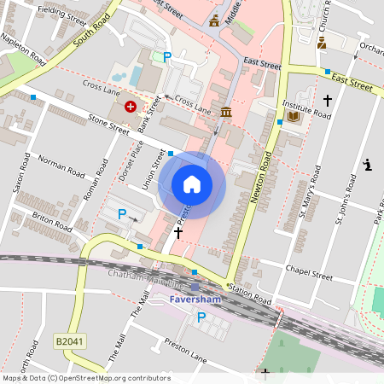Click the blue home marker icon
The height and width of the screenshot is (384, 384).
[x=192, y=184]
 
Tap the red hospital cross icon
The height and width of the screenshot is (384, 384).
[x=130, y=107]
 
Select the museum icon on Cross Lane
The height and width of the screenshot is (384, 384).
[x=226, y=113]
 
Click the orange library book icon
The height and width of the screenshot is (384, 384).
[x=294, y=116]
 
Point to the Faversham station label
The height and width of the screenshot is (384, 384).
[x=195, y=300]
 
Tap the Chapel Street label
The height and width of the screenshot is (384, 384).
[x=309, y=276]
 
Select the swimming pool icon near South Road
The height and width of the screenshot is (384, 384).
[x=136, y=77]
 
